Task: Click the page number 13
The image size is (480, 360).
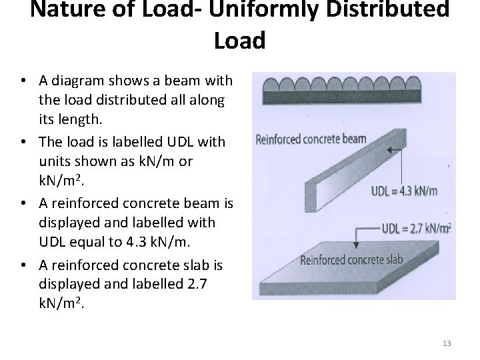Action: (447, 343)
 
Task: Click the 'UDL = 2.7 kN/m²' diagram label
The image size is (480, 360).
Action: (415, 228)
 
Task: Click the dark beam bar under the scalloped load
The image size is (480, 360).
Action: (352, 97)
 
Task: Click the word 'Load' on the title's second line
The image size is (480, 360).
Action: (240, 41)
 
